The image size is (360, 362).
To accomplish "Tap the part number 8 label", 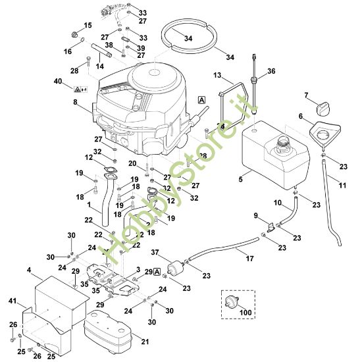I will [x=75, y=102].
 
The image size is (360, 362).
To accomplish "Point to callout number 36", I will [x=271, y=71].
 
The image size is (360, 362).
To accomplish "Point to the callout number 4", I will [x=29, y=269].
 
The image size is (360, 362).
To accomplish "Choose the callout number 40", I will [x=58, y=81].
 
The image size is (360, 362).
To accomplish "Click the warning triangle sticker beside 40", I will [x=78, y=88].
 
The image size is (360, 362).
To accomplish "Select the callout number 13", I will [x=219, y=77].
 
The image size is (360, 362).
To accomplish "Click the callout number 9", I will [x=256, y=215].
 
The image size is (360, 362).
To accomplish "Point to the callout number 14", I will [x=101, y=66].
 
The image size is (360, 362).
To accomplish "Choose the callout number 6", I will [x=301, y=116].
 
